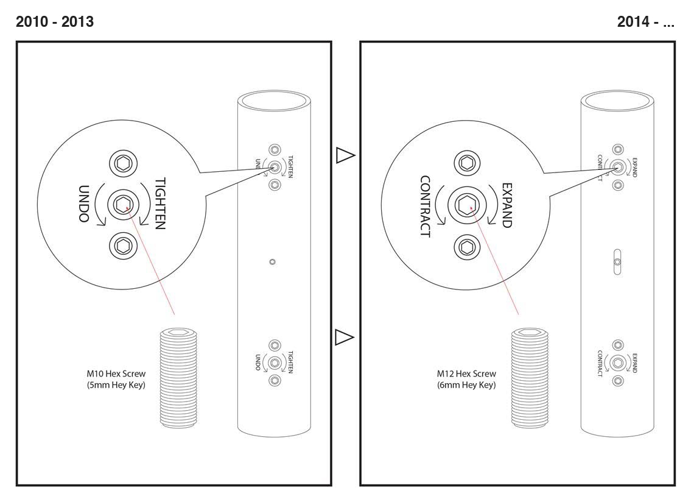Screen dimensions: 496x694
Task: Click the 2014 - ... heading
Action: tap(646, 23)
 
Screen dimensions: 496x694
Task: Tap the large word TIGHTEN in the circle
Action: tap(160, 204)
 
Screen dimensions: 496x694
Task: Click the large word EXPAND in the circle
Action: tap(506, 204)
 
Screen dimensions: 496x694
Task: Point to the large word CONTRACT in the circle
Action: tap(425, 207)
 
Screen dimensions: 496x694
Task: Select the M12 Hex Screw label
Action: tap(466, 374)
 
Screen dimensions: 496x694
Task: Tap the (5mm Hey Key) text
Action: tap(116, 384)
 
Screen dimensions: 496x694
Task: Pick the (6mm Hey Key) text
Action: tap(466, 384)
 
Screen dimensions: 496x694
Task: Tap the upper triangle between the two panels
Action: tap(345, 156)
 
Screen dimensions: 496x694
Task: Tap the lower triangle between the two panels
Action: tap(345, 336)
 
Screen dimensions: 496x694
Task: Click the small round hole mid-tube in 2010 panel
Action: tap(272, 261)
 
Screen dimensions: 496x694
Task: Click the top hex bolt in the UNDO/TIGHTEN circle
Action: tap(122, 163)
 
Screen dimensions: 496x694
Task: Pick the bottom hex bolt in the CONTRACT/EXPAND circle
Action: tap(468, 247)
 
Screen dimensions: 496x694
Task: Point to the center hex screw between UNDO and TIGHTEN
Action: tap(122, 204)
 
